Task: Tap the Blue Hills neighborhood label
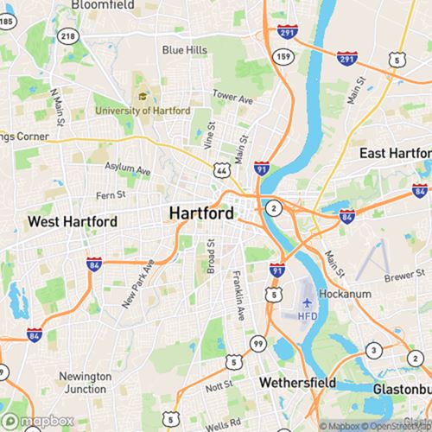click(x=185, y=50)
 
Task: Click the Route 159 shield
click(x=283, y=56)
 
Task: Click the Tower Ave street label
click(x=233, y=97)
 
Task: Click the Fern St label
click(x=111, y=195)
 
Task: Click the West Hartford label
click(x=73, y=222)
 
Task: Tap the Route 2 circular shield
click(x=274, y=208)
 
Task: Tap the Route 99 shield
click(x=258, y=344)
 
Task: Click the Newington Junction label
click(x=85, y=383)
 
